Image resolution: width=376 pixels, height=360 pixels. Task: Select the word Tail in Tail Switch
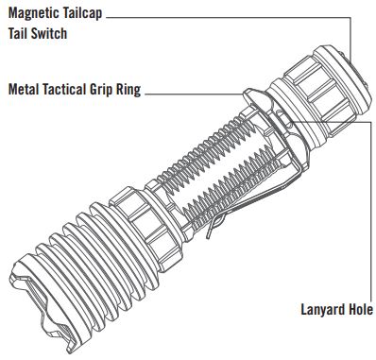pos(17,33)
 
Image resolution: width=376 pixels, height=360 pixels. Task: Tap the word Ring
pos(128,90)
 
